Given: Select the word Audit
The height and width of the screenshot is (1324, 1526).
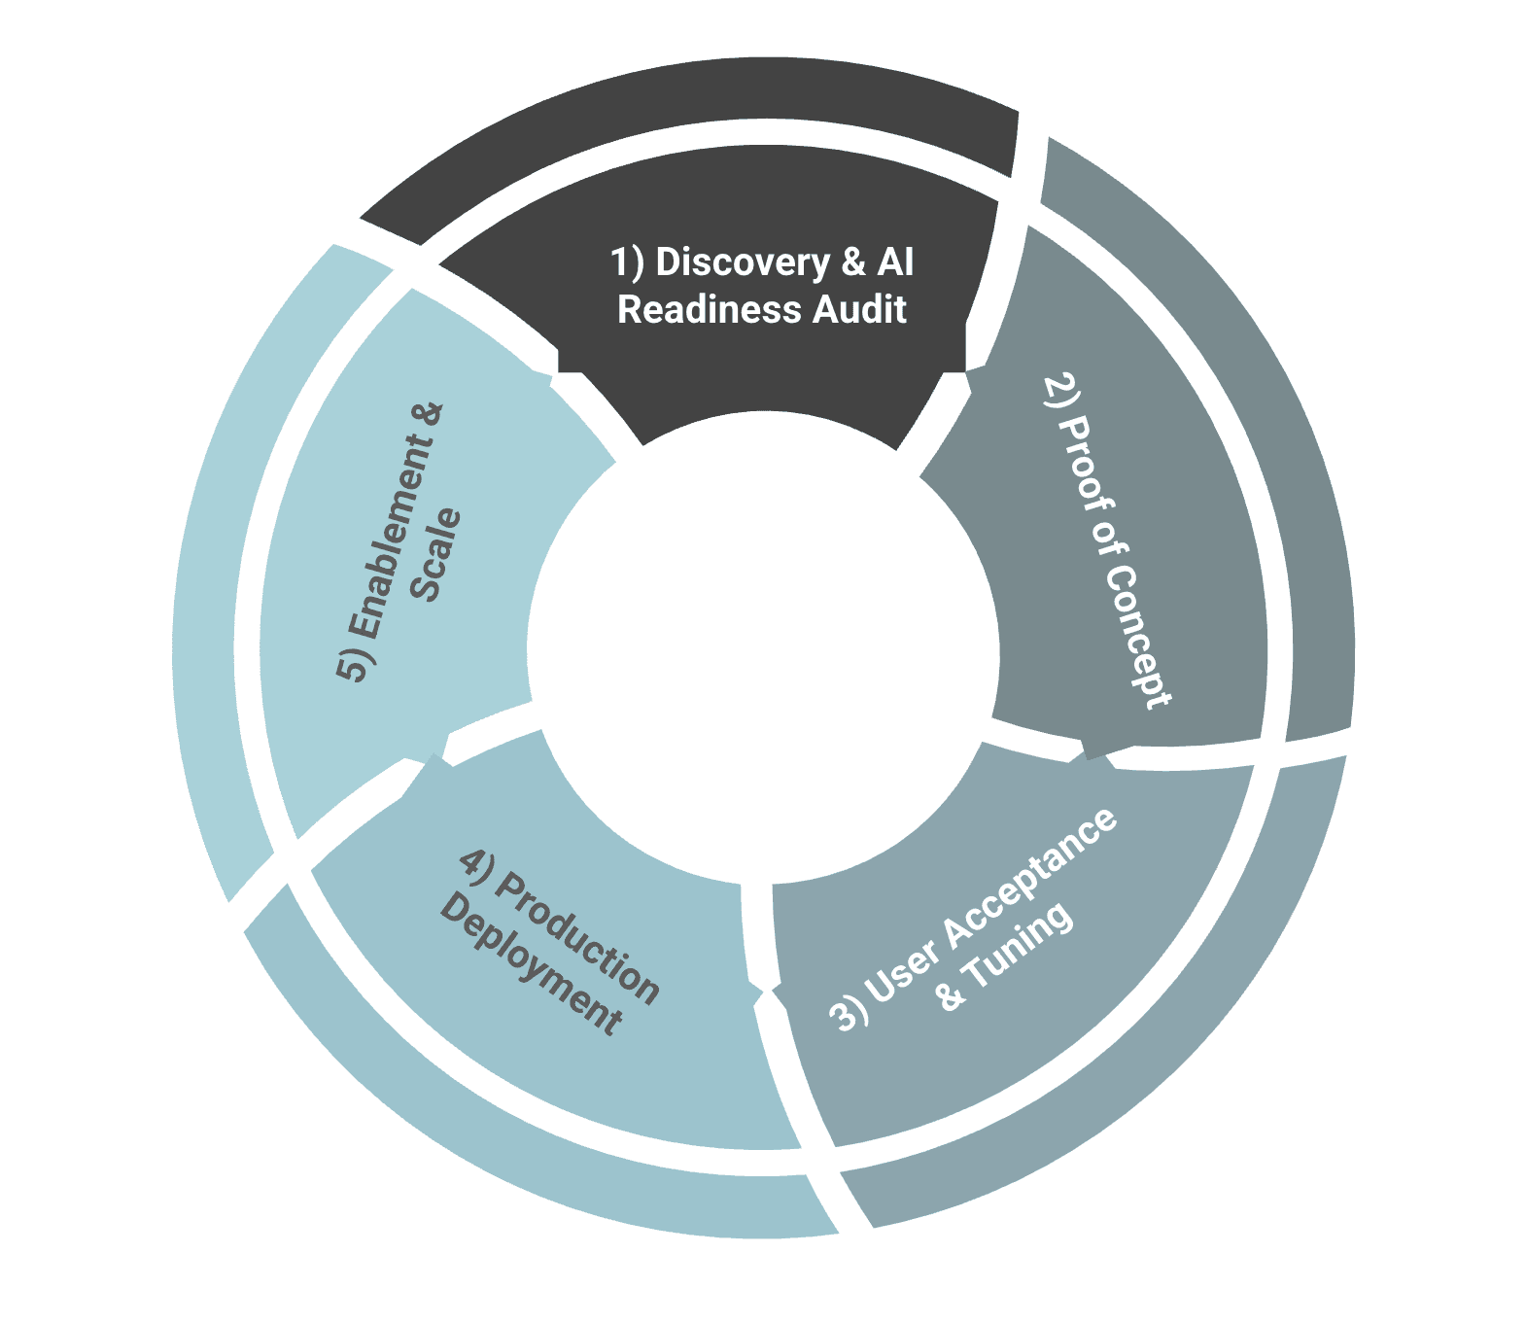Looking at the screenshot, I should point(859,310).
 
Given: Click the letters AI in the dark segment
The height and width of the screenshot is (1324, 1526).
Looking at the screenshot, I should point(895,262).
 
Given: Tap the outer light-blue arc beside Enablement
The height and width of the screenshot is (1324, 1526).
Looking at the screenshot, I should point(209,583).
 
